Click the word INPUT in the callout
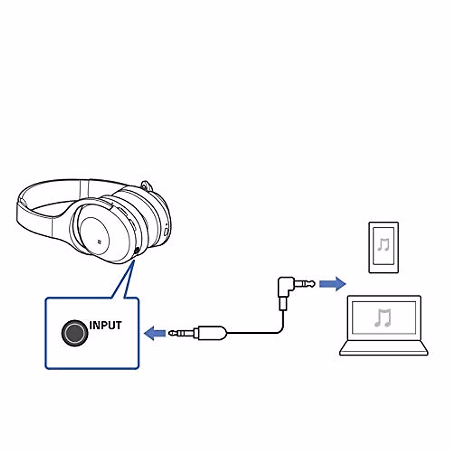(x=105, y=325)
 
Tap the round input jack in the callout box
(x=75, y=333)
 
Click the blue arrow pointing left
(x=155, y=333)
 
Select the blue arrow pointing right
(x=332, y=283)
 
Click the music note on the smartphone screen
(x=383, y=245)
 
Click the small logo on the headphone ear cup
(x=99, y=241)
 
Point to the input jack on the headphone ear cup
(x=136, y=250)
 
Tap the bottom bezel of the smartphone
(x=383, y=269)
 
